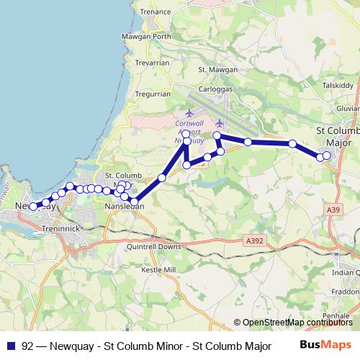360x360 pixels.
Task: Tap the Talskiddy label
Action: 338,84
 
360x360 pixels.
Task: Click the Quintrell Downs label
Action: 153,246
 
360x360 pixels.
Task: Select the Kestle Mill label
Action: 158,269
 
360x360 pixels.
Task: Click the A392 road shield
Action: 254,241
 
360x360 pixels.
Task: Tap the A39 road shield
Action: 333,210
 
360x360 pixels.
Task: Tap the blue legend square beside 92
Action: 11,346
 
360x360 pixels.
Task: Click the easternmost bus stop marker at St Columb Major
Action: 327,156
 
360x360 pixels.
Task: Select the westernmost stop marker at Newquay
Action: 33,207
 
